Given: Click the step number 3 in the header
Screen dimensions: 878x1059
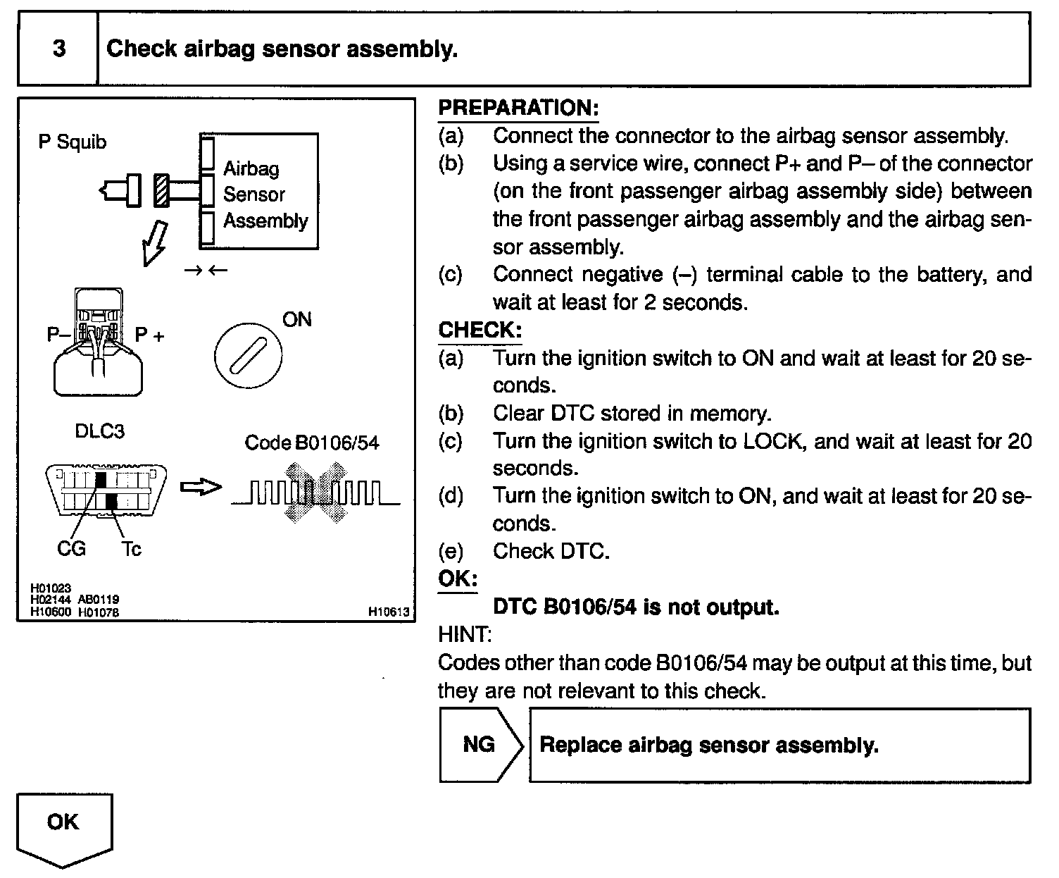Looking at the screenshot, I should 59,49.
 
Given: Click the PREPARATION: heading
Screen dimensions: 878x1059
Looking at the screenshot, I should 518,108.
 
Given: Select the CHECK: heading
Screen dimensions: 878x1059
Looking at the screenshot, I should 480,330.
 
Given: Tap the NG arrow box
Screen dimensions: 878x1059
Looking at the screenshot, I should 480,745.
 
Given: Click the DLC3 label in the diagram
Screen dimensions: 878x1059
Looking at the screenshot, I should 99,431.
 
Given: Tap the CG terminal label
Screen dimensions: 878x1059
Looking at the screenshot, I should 71,548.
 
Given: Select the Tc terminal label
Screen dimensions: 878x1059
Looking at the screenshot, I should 131,548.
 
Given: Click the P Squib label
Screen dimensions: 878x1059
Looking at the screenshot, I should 73,142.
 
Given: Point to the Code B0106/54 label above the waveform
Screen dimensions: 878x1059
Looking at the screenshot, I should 311,443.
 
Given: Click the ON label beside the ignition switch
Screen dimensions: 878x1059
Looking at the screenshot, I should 296,319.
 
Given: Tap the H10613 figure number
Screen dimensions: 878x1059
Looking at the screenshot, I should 389,612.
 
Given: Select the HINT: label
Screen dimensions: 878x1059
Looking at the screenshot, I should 465,634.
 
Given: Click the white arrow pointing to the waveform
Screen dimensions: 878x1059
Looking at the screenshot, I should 201,487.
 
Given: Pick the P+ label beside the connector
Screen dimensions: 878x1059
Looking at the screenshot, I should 149,335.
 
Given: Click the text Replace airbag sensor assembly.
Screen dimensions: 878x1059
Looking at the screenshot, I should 708,745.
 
